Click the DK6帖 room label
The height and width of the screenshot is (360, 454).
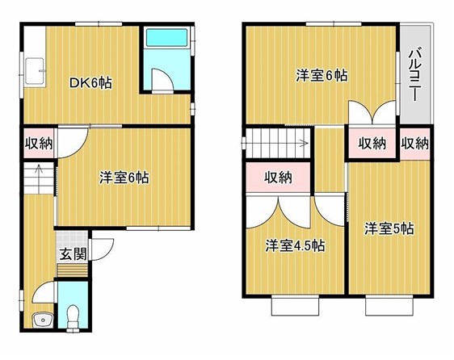90,84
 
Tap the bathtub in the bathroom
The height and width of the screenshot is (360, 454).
166,37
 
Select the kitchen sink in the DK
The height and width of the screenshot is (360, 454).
35,71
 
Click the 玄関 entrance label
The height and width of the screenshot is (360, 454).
74,254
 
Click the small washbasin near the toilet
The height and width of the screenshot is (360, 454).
43,320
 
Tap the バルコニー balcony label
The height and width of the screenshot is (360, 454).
416,73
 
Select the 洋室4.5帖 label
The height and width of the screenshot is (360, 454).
295,246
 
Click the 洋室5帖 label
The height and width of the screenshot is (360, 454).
389,229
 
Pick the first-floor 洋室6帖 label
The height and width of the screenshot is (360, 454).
124,178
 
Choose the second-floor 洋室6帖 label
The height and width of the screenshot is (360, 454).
322,76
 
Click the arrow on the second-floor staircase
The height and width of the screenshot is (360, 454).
303,143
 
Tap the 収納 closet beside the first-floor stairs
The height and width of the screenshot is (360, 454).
39,144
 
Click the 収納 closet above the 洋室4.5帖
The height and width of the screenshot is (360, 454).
278,178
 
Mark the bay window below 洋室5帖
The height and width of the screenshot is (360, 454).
389,306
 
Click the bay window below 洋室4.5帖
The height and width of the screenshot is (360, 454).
296,306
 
